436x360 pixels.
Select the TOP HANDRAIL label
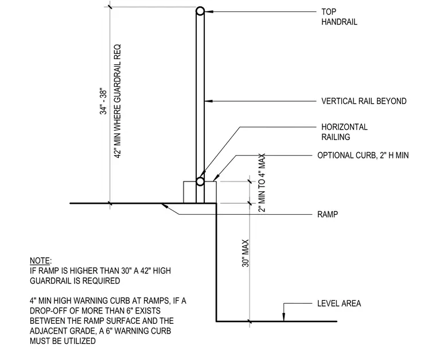pos(339,17)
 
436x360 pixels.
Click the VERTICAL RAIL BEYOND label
pos(364,101)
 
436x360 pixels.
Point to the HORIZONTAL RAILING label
pos(344,132)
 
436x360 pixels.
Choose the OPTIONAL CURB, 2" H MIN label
pos(363,155)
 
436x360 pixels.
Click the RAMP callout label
pos(328,214)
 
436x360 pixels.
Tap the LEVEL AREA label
pos(339,303)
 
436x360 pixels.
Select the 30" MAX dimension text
pos(246,253)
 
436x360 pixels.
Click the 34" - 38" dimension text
pos(103,101)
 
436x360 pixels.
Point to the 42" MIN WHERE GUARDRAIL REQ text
pos(118,101)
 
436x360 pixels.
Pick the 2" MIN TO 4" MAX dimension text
pos(262,183)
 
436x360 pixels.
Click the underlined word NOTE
pos(40,261)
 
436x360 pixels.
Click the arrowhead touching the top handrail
pos(209,11)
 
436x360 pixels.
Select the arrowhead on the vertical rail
pos(209,101)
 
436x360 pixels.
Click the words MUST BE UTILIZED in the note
pos(63,341)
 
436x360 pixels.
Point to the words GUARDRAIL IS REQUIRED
pos(75,281)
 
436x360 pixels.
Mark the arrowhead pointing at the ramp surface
pos(165,206)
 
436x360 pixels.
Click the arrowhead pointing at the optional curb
pos(216,178)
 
